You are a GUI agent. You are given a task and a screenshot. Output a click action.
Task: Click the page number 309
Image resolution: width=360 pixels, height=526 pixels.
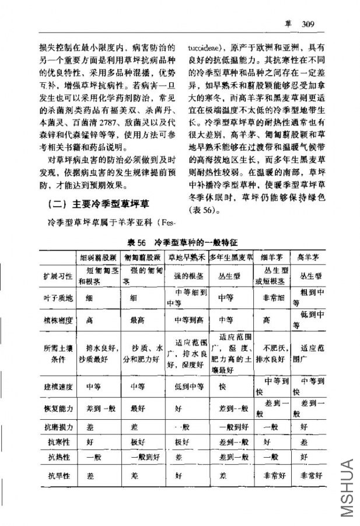point(309,24)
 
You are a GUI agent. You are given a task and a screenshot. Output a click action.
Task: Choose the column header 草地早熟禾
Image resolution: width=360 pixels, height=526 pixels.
point(186,257)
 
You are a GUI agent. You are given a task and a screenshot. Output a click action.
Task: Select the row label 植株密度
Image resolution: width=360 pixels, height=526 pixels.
point(58,320)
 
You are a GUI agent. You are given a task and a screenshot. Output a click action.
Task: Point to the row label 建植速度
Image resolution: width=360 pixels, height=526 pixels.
point(58,386)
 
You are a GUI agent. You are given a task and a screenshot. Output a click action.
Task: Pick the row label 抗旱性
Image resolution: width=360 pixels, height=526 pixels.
point(58,475)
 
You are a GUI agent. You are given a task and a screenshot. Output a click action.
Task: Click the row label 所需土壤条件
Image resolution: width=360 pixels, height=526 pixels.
point(58,353)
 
